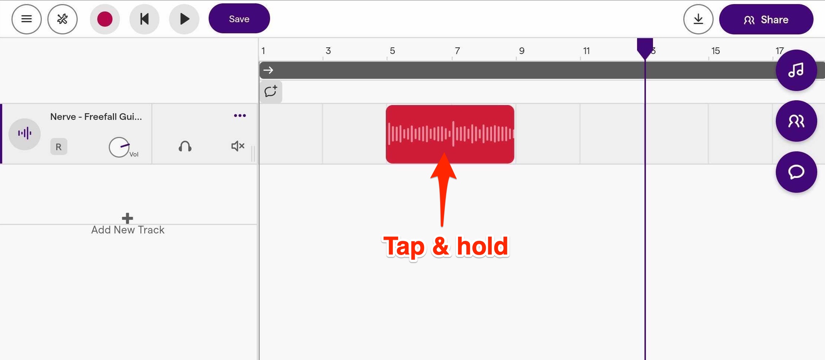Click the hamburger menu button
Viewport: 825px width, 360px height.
[x=26, y=19]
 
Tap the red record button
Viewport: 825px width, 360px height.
[x=105, y=19]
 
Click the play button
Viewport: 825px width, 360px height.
[x=184, y=19]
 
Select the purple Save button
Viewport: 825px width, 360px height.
[x=239, y=18]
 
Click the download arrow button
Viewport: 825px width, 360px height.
[x=698, y=19]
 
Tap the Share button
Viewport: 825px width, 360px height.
[x=766, y=20]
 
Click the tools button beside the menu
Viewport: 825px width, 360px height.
[x=63, y=19]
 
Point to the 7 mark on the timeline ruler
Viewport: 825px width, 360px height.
[x=457, y=51]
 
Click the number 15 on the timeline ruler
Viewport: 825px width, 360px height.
[x=715, y=51]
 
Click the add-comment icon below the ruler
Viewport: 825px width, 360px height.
[x=271, y=91]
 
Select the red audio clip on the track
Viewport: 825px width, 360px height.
[x=450, y=134]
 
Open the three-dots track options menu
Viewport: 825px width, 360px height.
[x=240, y=115]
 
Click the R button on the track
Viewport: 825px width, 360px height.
[x=58, y=147]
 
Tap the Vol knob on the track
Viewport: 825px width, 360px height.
[x=119, y=147]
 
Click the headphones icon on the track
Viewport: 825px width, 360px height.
[x=185, y=147]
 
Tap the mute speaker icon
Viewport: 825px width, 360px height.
[x=238, y=146]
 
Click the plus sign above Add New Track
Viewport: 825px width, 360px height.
[x=127, y=218]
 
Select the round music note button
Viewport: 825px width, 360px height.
[x=796, y=70]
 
